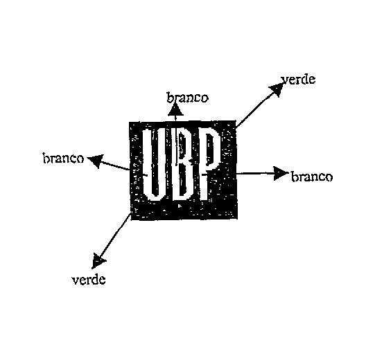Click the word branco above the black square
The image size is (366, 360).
(x=187, y=98)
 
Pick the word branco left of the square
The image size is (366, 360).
(x=63, y=159)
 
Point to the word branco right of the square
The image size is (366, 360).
(x=312, y=177)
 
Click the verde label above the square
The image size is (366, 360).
(x=298, y=80)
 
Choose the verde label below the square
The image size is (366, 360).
(x=89, y=280)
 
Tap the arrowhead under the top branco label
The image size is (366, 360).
(x=175, y=109)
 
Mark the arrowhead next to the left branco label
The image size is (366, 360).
(x=96, y=160)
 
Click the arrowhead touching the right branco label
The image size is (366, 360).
(x=281, y=173)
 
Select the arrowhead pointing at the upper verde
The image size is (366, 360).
(x=277, y=89)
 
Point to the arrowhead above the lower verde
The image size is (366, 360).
(x=98, y=261)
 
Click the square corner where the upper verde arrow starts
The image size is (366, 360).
(x=235, y=121)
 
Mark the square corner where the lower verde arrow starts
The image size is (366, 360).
(x=131, y=213)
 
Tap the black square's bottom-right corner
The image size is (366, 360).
(x=237, y=218)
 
